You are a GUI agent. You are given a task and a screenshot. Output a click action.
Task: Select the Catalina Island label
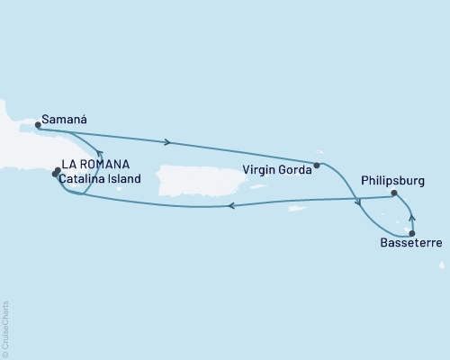point(101,178)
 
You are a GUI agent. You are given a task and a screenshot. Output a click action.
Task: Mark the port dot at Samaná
point(38,126)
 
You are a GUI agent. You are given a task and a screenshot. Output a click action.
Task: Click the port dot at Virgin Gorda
point(317,165)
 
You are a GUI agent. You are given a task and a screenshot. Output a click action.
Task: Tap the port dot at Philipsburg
point(394,193)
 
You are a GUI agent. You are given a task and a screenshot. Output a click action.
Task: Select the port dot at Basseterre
point(412,232)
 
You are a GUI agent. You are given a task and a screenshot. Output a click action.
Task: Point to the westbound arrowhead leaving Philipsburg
point(230,206)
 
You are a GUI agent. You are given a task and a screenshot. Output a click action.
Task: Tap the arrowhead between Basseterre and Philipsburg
point(410,217)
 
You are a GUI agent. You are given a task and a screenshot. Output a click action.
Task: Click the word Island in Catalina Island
point(125,178)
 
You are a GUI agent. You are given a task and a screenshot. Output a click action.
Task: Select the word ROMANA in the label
point(103,165)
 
